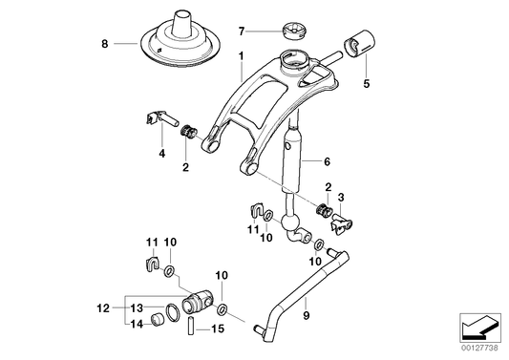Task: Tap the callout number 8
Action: (106, 43)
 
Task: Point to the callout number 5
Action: (365, 84)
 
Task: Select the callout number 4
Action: (161, 152)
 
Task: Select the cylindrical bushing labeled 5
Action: (362, 44)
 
